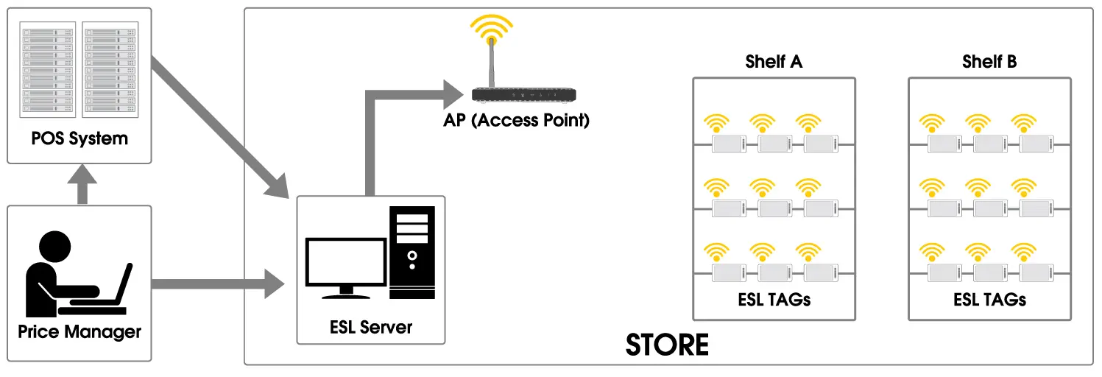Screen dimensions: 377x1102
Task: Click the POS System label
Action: pyautogui.click(x=80, y=138)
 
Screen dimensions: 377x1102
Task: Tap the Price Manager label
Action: pyautogui.click(x=80, y=331)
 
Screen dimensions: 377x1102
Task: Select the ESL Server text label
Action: pyautogui.click(x=371, y=326)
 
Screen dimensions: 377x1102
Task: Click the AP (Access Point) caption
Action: pyautogui.click(x=516, y=120)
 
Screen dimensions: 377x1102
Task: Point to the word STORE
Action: pyautogui.click(x=667, y=345)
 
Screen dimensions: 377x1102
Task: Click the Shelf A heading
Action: pyautogui.click(x=773, y=62)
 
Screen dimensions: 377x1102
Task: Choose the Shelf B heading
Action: pyautogui.click(x=989, y=62)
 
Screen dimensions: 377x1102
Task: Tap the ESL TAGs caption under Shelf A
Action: pyautogui.click(x=774, y=300)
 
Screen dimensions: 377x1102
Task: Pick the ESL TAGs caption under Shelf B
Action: pyautogui.click(x=989, y=300)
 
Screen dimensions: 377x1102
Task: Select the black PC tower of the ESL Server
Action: pyautogui.click(x=412, y=252)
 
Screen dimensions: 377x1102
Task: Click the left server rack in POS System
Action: pyautogui.click(x=49, y=71)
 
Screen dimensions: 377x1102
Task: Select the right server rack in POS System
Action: pyautogui.click(x=109, y=71)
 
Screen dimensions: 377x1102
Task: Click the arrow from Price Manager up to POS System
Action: pyautogui.click(x=82, y=184)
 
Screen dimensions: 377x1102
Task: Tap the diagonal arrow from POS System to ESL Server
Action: pyautogui.click(x=221, y=130)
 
